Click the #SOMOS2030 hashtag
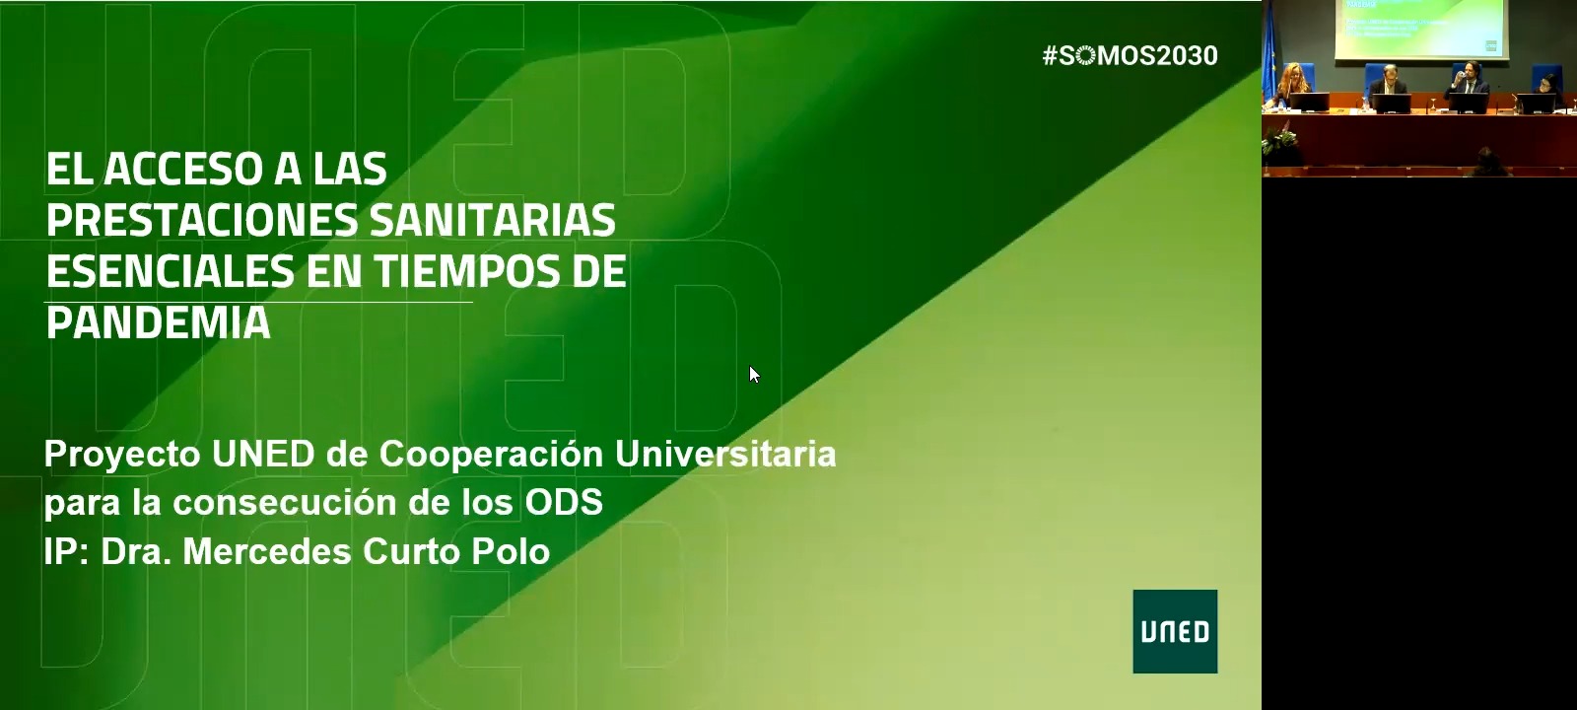pyautogui.click(x=1130, y=55)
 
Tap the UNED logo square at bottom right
pyautogui.click(x=1175, y=631)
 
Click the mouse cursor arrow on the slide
pyautogui.click(x=755, y=374)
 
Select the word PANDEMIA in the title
pyautogui.click(x=159, y=323)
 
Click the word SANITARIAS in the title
pyautogui.click(x=493, y=220)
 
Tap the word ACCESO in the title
pyautogui.click(x=183, y=169)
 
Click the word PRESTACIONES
pyautogui.click(x=202, y=220)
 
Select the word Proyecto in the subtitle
pyautogui.click(x=122, y=455)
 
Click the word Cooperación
pyautogui.click(x=492, y=455)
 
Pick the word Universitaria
pyautogui.click(x=725, y=455)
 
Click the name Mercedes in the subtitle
pyautogui.click(x=267, y=551)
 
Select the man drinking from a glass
pyautogui.click(x=1468, y=85)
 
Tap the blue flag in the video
pyautogui.click(x=1269, y=53)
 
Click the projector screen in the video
pyautogui.click(x=1422, y=29)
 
